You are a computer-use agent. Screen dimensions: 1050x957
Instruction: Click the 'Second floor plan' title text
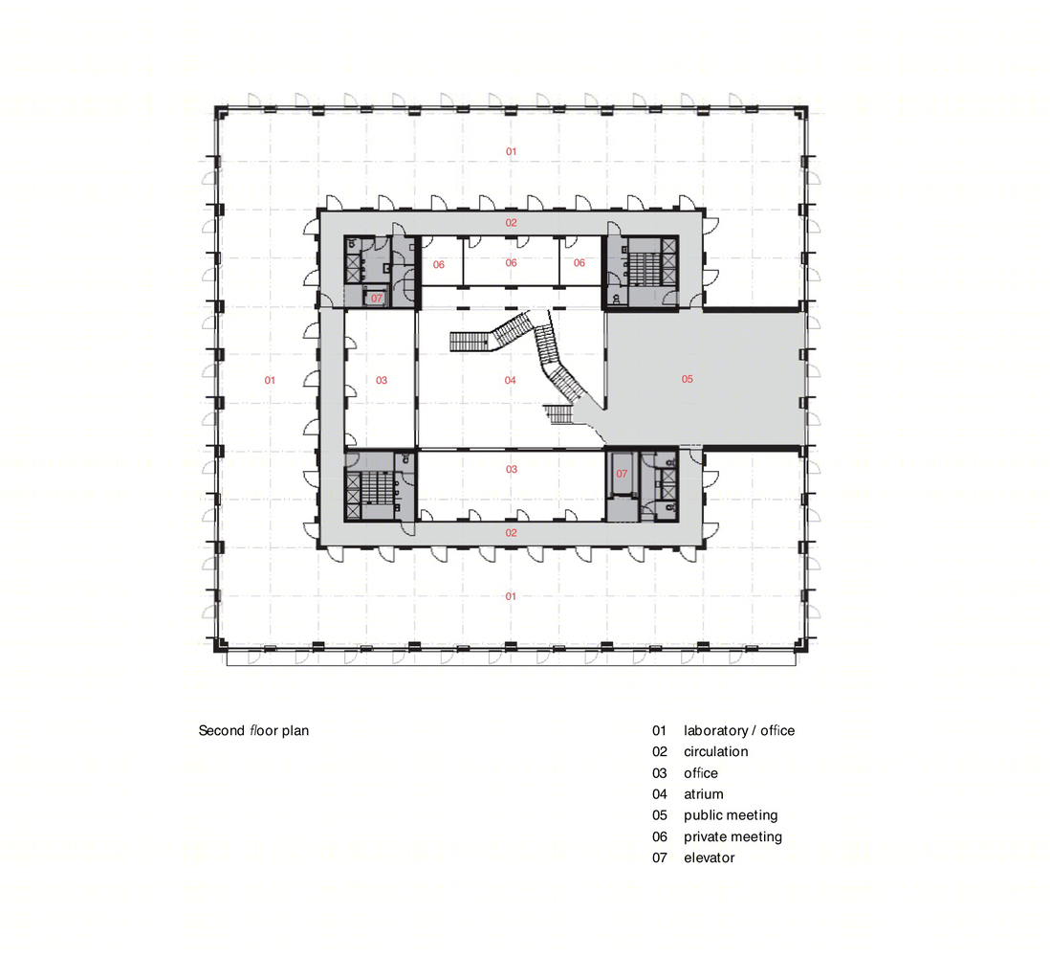[253, 730]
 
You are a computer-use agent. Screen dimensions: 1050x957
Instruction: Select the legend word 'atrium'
[703, 794]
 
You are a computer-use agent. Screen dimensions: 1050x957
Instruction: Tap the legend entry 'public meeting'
[731, 815]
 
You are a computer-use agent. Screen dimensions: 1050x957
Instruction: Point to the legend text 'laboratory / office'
[739, 730]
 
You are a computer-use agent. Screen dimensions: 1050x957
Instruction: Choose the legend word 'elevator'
[710, 857]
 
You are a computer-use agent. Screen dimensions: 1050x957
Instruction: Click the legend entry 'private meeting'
[733, 837]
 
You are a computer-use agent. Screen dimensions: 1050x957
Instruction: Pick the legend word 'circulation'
[716, 752]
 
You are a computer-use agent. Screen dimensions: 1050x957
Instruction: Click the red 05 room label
[687, 379]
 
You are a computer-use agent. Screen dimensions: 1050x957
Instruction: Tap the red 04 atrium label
[511, 381]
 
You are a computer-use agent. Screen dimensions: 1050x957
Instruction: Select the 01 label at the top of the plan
[511, 152]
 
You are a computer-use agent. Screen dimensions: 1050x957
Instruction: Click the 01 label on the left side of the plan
[270, 381]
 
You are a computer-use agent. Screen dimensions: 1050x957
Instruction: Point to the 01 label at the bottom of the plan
[511, 596]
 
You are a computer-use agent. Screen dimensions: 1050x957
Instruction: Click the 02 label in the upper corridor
[511, 223]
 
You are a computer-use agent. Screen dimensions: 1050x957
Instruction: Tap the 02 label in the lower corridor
[511, 533]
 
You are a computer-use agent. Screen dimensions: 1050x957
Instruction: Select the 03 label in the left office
[382, 381]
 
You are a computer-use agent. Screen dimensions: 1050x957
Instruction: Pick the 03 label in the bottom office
[512, 470]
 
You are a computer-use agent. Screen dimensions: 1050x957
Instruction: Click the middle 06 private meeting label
[511, 263]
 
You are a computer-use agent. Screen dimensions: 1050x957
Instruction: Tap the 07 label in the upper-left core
[377, 299]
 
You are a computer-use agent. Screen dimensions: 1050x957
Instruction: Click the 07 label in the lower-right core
[623, 474]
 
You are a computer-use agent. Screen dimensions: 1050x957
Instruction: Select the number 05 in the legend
[660, 815]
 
